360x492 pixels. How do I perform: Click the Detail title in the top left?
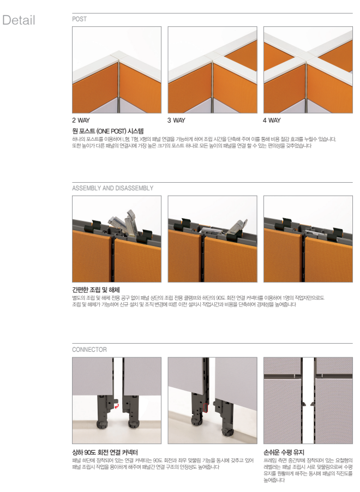[x=19, y=20]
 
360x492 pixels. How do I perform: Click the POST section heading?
[x=79, y=19]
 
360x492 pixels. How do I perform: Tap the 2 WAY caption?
[x=81, y=120]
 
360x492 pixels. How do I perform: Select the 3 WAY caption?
[x=176, y=120]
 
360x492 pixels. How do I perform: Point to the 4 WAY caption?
[x=272, y=120]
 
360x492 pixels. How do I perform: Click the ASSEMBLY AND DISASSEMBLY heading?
[x=113, y=188]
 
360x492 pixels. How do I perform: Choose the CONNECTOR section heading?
[x=89, y=350]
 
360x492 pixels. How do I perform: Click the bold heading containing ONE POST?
[x=108, y=131]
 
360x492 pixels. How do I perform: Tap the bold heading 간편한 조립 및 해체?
[x=96, y=290]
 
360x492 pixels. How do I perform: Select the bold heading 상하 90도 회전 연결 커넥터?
[x=105, y=452]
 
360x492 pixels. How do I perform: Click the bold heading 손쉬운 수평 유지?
[x=284, y=452]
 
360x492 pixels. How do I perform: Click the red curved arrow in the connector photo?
[x=117, y=406]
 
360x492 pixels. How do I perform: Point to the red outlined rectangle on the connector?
[x=206, y=408]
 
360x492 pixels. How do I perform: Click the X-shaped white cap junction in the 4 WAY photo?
[x=307, y=57]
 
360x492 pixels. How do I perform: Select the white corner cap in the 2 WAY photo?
[x=119, y=57]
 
